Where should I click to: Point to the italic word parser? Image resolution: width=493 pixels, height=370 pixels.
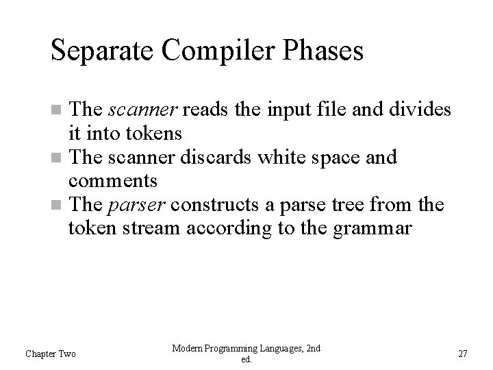(131, 205)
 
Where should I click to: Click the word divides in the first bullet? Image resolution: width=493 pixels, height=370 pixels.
(423, 110)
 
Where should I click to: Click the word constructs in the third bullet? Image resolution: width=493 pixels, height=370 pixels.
(207, 205)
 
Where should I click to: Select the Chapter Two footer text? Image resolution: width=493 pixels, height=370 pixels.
(51, 354)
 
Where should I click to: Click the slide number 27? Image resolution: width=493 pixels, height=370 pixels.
(462, 354)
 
